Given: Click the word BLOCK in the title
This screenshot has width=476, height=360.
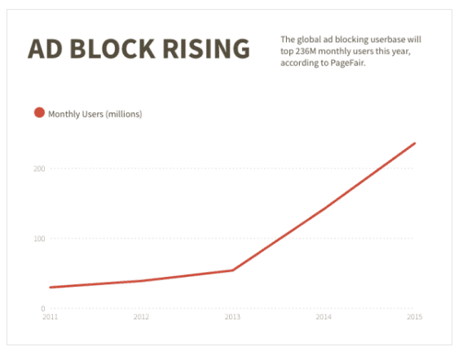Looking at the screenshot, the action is point(112,49).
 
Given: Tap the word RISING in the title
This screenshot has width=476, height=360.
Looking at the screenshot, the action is point(206,49).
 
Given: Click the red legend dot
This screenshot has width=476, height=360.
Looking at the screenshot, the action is point(39,112).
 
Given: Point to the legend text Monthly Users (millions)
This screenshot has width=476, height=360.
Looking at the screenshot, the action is point(95,114).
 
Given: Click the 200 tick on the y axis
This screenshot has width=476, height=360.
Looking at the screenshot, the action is point(39,169).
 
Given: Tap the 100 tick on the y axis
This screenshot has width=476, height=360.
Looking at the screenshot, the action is point(39,239).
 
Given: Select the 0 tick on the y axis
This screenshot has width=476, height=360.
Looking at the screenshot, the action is point(43,309).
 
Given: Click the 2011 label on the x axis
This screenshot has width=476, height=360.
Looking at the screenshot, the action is point(50,317).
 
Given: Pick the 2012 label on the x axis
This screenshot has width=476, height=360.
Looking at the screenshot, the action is point(141,317).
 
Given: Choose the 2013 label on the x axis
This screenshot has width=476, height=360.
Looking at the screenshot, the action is point(232,317).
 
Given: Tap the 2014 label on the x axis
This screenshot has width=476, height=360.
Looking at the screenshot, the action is point(324,317).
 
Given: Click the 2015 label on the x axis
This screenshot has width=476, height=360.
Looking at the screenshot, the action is point(415,317).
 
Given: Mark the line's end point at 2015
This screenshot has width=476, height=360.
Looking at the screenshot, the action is point(415,143).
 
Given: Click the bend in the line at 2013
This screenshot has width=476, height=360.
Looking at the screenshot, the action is point(232,270).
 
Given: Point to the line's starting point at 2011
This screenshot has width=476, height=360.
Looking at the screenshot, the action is point(51,288).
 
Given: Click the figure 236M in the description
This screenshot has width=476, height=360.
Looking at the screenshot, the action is point(306,51).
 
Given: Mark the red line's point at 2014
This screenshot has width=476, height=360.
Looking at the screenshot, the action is point(324,209).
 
